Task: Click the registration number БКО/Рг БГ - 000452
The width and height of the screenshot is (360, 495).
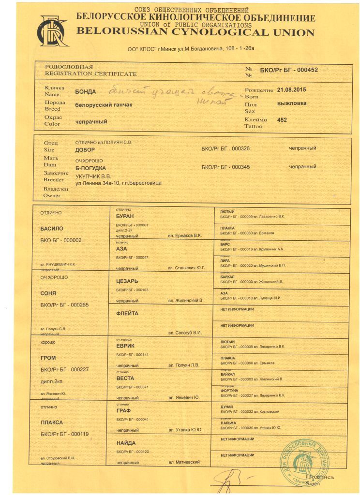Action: (x=289, y=70)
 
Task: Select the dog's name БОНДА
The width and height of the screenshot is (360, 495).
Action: (x=86, y=91)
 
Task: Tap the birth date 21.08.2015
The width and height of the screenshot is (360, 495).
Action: (x=291, y=90)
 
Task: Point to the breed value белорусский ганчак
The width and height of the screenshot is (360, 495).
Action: (x=104, y=105)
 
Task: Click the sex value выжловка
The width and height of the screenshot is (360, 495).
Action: (x=291, y=103)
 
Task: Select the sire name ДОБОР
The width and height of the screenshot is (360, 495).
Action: (x=86, y=150)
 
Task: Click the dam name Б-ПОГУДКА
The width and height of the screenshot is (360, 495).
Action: (x=90, y=167)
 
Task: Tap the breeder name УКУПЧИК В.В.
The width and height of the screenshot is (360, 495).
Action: (x=93, y=176)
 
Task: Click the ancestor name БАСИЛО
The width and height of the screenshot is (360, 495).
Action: (x=52, y=228)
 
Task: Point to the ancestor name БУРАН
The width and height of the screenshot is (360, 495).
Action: (x=124, y=216)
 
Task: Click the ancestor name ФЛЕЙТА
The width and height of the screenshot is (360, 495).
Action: (x=127, y=313)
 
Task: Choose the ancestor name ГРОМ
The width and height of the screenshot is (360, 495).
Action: (x=48, y=358)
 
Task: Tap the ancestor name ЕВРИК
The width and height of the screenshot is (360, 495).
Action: (x=125, y=346)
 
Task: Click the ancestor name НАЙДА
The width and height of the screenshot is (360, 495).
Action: (x=126, y=442)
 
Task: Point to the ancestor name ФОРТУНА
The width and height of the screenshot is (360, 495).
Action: (x=229, y=390)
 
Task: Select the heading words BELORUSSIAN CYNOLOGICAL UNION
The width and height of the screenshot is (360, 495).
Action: (x=195, y=32)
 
